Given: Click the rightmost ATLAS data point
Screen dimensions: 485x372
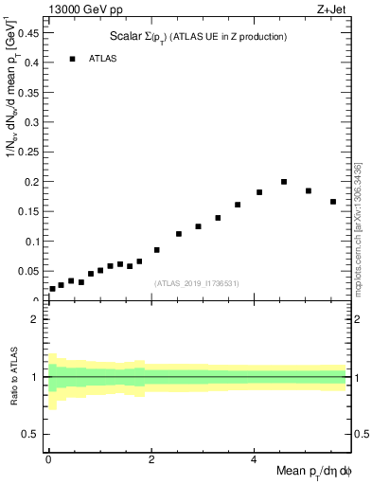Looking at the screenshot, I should [x=333, y=202].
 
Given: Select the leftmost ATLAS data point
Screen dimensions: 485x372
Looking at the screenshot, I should [x=52, y=289].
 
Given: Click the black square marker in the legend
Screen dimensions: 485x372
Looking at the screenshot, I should [x=72, y=59].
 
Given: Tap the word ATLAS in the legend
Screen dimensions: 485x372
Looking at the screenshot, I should [x=103, y=59].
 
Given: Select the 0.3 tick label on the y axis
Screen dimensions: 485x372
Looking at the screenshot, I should [x=33, y=121].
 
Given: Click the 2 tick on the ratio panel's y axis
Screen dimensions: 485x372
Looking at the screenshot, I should [x=35, y=319].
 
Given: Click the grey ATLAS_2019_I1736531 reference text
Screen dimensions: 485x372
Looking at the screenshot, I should [x=198, y=283].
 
